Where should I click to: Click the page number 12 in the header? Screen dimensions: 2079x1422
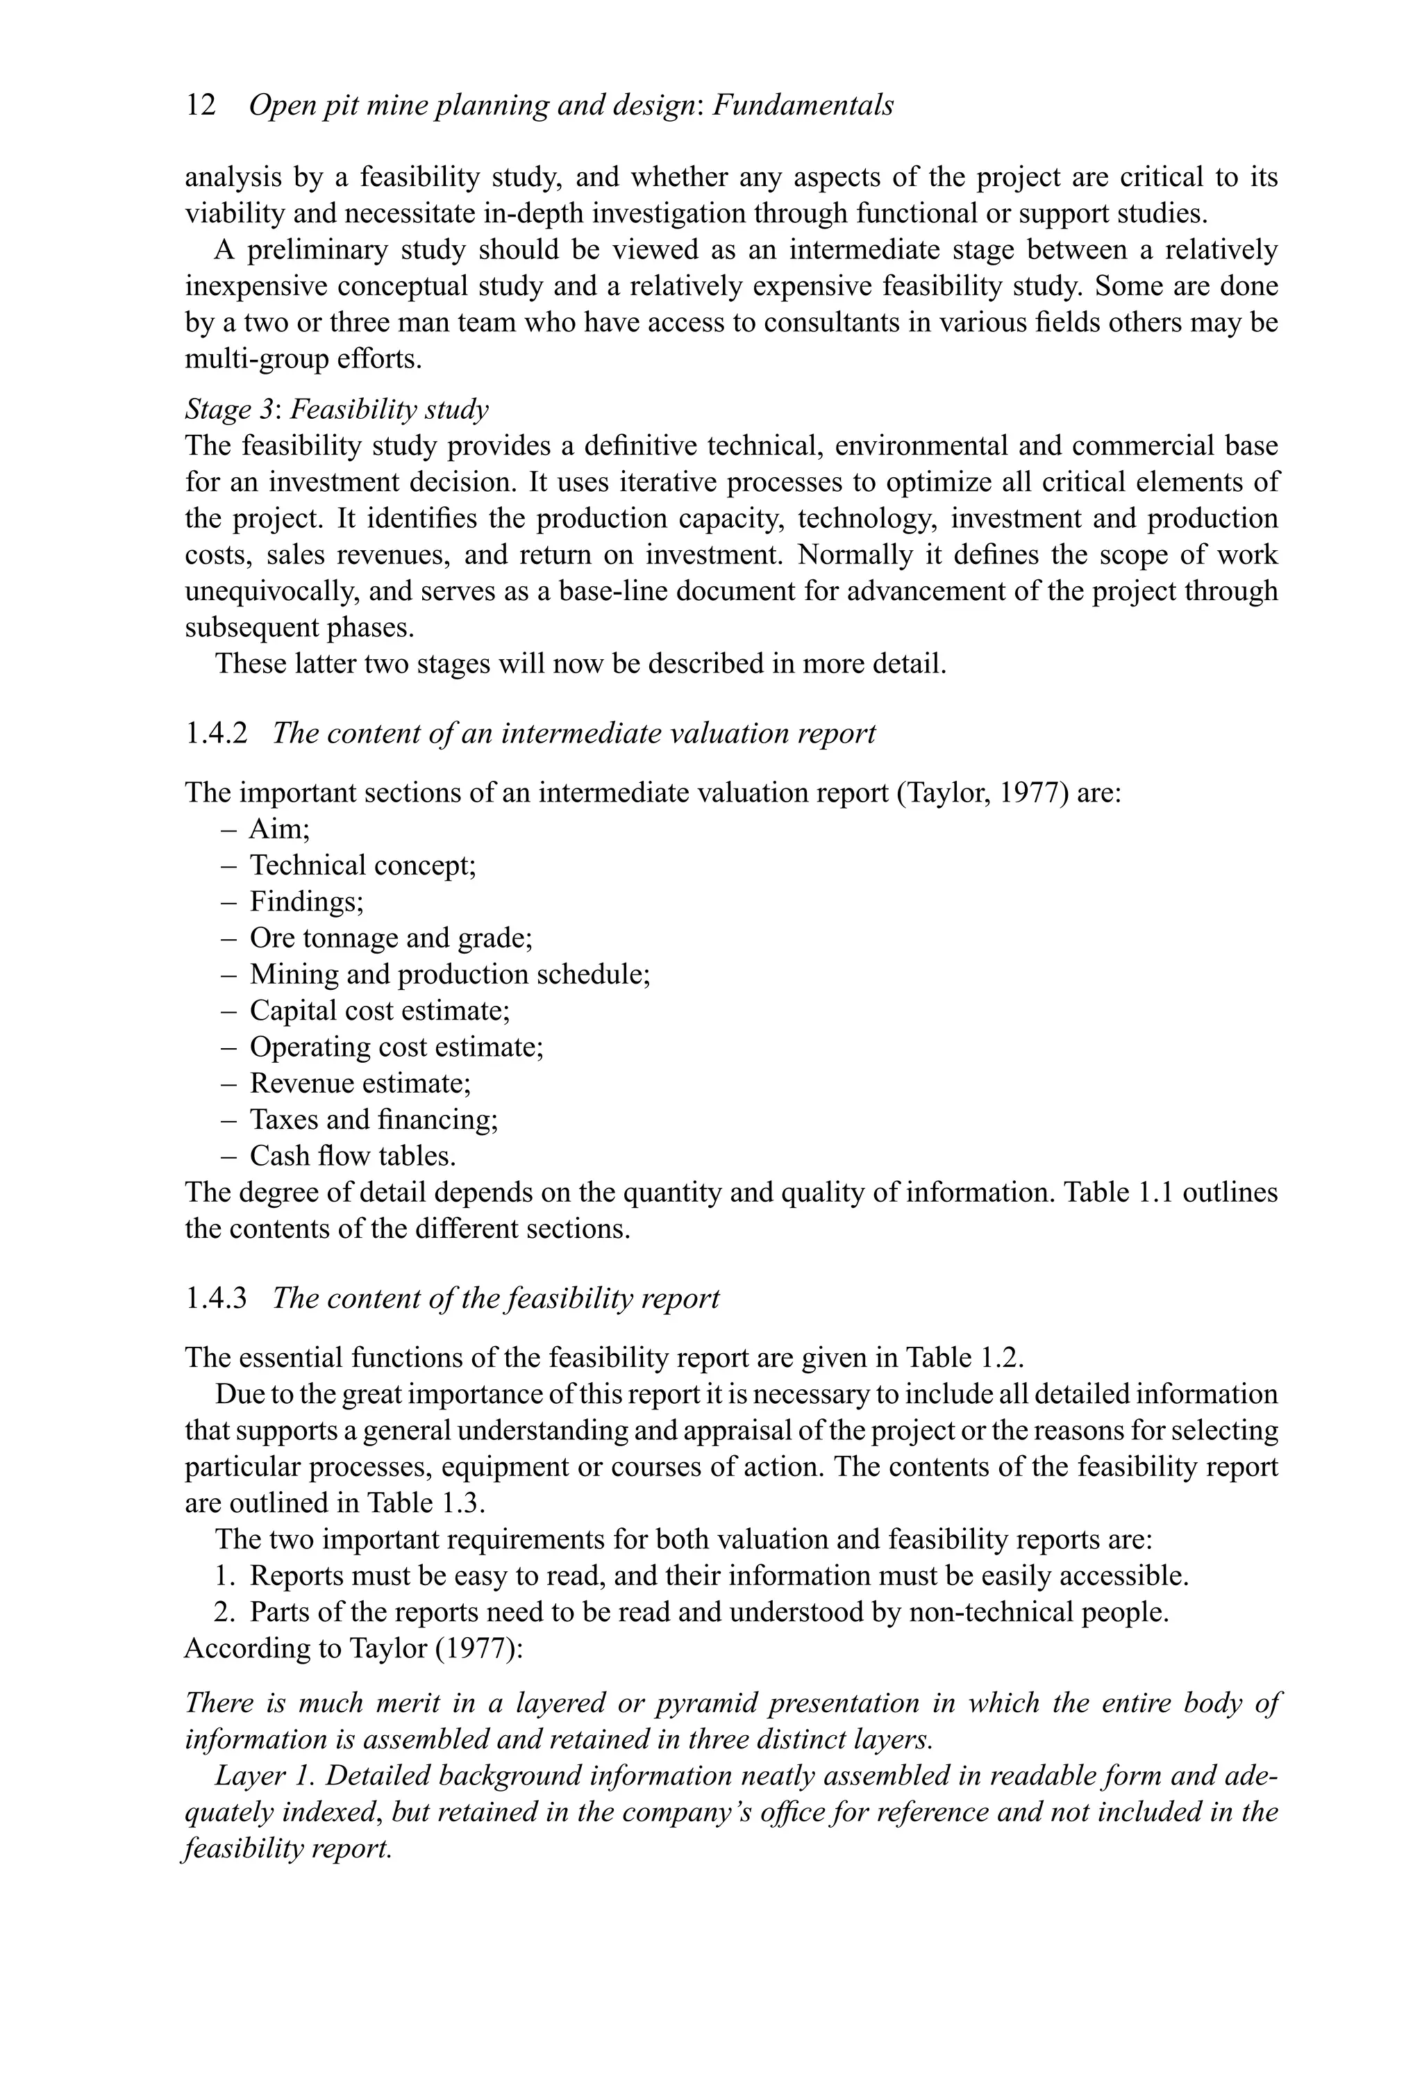[x=201, y=106]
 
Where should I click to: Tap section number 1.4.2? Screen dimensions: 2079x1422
[x=215, y=734]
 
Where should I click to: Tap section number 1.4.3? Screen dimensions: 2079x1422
[x=215, y=1298]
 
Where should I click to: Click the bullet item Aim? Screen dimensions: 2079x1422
[x=279, y=829]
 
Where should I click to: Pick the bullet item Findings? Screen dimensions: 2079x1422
[x=306, y=902]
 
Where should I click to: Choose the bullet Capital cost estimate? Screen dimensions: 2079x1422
[x=379, y=1011]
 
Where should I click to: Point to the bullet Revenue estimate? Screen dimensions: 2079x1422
[x=360, y=1084]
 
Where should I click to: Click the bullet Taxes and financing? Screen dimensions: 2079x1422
[x=373, y=1120]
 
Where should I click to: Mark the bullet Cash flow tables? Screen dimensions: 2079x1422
[x=352, y=1157]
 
